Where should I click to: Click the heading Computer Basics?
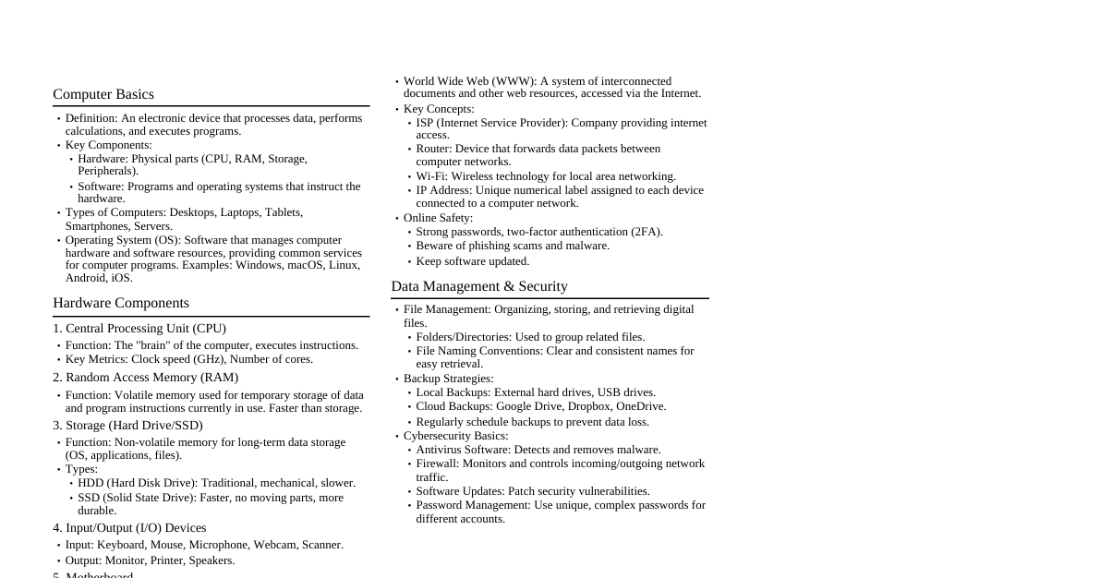tap(103, 94)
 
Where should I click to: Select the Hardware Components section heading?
tap(121, 303)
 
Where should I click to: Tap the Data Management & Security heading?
tap(479, 286)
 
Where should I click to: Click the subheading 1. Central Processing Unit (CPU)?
tap(139, 329)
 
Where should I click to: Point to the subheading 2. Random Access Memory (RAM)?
tap(146, 378)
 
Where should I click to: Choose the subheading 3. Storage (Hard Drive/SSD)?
tap(127, 426)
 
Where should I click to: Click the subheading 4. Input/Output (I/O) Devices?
tap(129, 528)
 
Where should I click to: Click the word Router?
tap(432, 149)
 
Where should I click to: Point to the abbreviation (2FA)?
tap(646, 232)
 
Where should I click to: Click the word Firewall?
tap(436, 464)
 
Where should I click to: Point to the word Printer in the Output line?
tap(166, 560)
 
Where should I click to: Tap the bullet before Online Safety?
tap(397, 219)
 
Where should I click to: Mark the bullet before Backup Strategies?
tap(397, 379)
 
